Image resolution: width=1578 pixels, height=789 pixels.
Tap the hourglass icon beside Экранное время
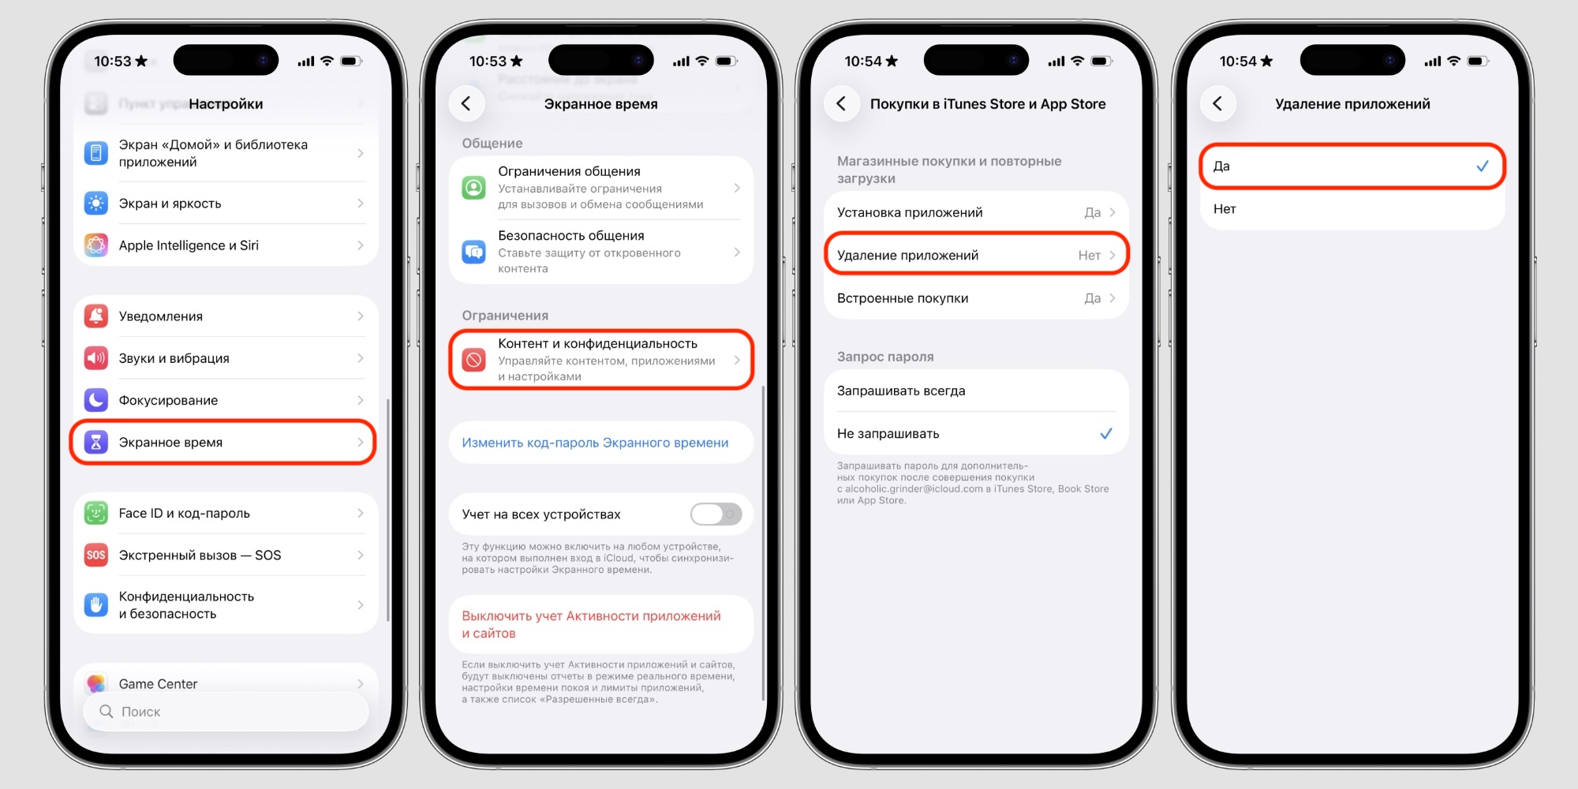pyautogui.click(x=96, y=442)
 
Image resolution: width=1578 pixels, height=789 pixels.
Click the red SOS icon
pyautogui.click(x=96, y=555)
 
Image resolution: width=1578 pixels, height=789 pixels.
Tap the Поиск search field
pyautogui.click(x=225, y=712)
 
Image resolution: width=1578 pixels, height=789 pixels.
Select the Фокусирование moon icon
pyautogui.click(x=96, y=400)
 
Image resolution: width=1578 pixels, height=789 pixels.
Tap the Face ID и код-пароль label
pyautogui.click(x=184, y=513)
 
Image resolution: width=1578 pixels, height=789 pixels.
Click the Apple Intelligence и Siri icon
pyautogui.click(x=96, y=245)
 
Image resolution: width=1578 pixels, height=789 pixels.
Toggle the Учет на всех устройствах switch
pyautogui.click(x=716, y=514)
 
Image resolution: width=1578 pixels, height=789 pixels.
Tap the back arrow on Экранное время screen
pyautogui.click(x=466, y=103)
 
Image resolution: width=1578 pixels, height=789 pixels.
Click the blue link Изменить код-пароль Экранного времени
pyautogui.click(x=595, y=443)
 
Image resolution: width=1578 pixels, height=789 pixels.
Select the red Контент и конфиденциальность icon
pyautogui.click(x=473, y=360)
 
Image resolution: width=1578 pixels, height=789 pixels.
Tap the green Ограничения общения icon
pyautogui.click(x=473, y=188)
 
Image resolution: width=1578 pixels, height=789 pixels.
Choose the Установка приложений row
pyautogui.click(x=976, y=212)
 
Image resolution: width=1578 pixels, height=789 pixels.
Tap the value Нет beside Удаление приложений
pyautogui.click(x=1089, y=255)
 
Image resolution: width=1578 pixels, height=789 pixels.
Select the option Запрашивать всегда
pyautogui.click(x=901, y=391)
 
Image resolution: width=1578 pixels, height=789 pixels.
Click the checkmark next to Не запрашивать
pyautogui.click(x=1106, y=433)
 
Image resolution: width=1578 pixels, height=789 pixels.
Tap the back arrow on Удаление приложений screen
pyautogui.click(x=1217, y=103)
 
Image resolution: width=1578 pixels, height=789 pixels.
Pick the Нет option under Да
pyautogui.click(x=1225, y=209)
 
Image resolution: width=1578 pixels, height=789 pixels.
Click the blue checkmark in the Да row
pyautogui.click(x=1483, y=166)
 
